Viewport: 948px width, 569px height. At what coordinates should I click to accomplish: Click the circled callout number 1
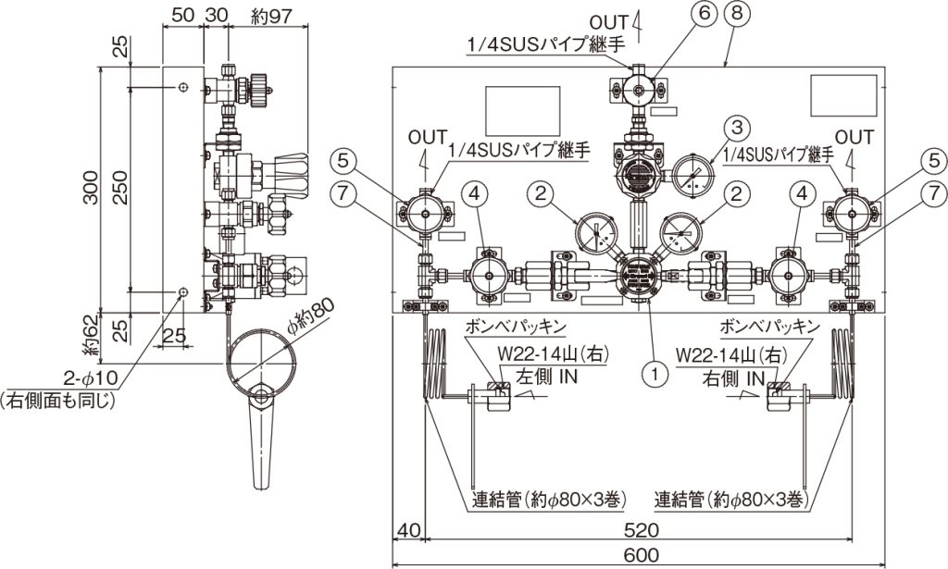click(655, 374)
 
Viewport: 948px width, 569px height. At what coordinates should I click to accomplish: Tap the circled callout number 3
click(736, 128)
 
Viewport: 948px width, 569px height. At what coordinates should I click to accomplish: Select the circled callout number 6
click(704, 13)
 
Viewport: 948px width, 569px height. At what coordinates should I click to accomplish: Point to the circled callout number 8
click(736, 13)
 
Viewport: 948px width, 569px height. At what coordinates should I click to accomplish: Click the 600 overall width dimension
click(641, 554)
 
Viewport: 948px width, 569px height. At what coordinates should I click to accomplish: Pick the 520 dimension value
click(641, 530)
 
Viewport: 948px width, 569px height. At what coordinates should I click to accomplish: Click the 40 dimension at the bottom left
click(409, 530)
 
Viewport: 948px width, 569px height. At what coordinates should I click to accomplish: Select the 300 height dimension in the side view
click(91, 187)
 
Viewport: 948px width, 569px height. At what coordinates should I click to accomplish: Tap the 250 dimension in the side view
click(122, 187)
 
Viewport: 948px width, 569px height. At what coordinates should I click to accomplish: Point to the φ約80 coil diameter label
click(309, 314)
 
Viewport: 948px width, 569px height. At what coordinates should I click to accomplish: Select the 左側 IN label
click(546, 377)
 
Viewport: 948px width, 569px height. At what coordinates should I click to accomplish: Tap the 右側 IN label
click(734, 378)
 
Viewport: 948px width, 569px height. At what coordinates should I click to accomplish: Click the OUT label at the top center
click(609, 23)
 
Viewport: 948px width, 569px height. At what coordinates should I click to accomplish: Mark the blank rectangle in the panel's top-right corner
click(843, 95)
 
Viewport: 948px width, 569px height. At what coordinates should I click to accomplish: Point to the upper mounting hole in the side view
click(183, 88)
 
